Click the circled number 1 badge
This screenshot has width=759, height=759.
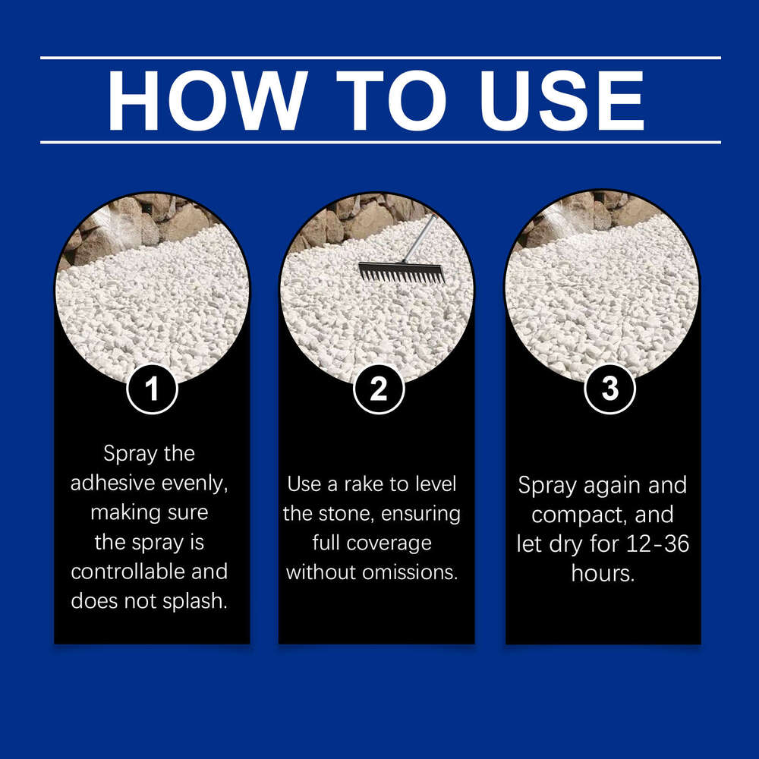point(152,389)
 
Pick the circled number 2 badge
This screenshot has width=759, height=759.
point(378,389)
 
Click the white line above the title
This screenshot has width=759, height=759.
point(379,58)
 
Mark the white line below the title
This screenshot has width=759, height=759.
point(379,142)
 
